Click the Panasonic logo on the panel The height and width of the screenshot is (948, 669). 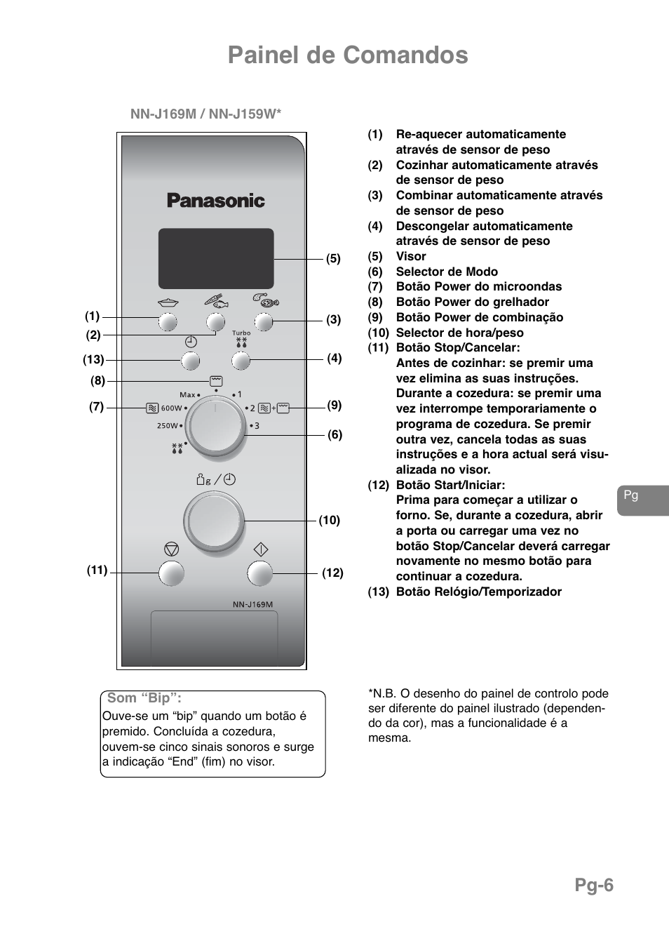coord(216,201)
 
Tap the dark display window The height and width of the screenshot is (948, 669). coord(216,258)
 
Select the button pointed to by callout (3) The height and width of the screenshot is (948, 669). coord(263,322)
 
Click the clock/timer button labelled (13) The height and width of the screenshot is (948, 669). coord(190,361)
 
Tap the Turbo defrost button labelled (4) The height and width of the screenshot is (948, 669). coord(241,361)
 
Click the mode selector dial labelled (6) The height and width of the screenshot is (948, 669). coord(217,427)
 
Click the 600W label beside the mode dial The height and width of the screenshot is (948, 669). coord(171,408)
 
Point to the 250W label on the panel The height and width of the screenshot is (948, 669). coord(168,425)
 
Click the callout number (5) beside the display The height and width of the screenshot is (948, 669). coord(333,258)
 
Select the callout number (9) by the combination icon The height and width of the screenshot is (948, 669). coord(334,405)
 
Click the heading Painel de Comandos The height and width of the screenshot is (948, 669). coord(348,55)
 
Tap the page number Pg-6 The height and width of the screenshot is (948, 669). coord(594,886)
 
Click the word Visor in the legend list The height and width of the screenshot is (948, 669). coord(411,256)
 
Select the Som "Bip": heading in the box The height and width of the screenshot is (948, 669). coord(144,698)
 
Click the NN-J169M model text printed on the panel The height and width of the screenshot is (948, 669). coord(252,604)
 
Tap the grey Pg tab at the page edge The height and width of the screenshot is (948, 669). coord(642,500)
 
